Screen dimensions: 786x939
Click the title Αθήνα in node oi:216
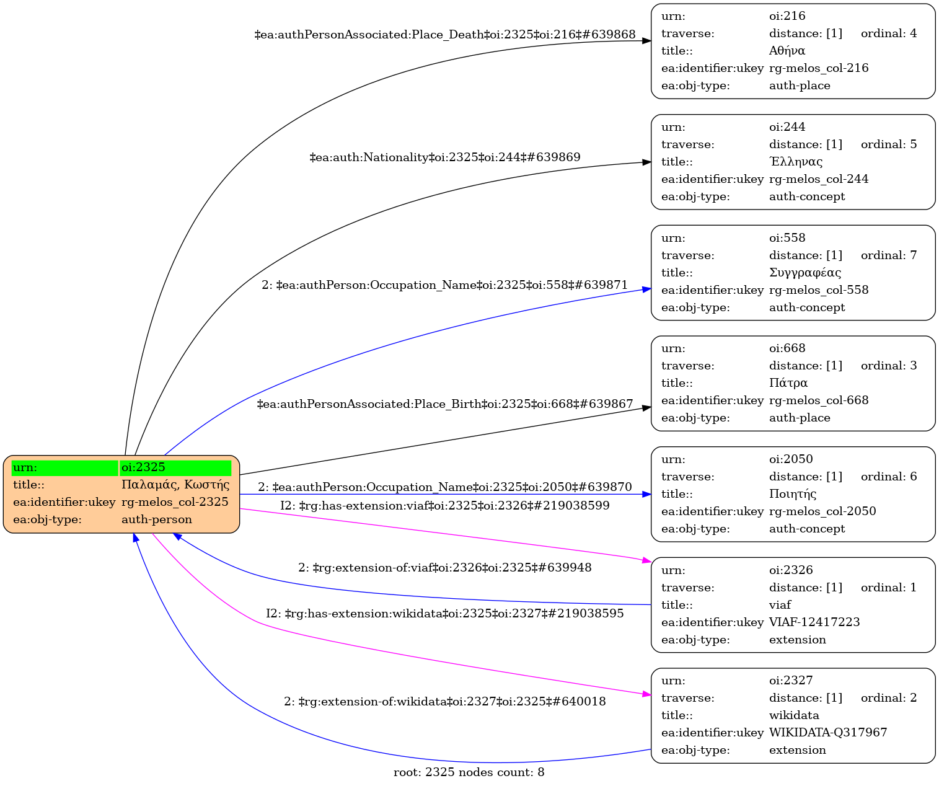point(787,51)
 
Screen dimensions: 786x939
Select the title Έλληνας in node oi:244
point(795,162)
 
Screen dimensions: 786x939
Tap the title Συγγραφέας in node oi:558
point(805,273)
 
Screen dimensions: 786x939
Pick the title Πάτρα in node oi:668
point(788,383)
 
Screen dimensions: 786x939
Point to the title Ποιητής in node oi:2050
point(792,494)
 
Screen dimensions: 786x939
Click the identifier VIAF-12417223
point(814,622)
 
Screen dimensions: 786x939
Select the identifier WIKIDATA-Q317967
point(827,733)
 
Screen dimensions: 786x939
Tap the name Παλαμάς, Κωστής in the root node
point(175,485)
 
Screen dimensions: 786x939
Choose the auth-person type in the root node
point(156,519)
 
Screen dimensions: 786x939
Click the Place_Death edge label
point(444,35)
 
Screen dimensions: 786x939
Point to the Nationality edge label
point(444,157)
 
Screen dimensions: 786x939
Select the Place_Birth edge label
point(444,404)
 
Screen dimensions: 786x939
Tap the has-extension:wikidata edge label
point(444,614)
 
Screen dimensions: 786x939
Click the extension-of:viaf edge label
point(444,568)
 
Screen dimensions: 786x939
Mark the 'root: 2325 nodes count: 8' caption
point(469,772)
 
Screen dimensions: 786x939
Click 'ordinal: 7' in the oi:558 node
point(888,255)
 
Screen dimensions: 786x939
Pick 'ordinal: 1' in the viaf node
point(888,588)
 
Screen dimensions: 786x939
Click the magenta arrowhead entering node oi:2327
point(646,695)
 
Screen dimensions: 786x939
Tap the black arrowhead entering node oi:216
point(646,41)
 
